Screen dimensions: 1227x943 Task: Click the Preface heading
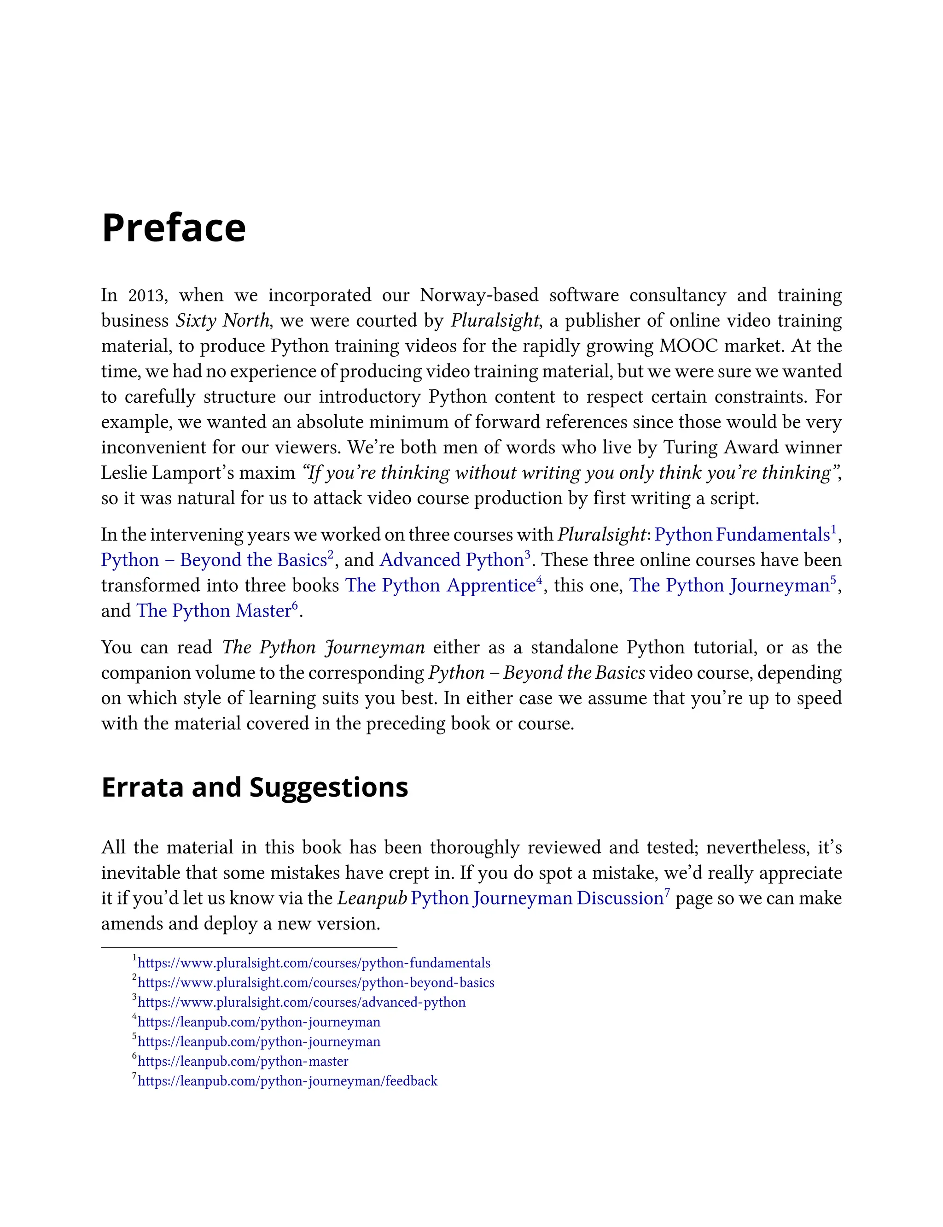[x=174, y=228]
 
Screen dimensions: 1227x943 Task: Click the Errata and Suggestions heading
[x=254, y=787]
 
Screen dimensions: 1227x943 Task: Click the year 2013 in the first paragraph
[x=147, y=295]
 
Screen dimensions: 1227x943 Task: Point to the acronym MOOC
[x=688, y=346]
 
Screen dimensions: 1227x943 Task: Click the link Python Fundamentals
[x=742, y=534]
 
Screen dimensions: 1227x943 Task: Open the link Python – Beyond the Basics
[x=214, y=560]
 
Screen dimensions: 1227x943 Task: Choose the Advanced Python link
[x=452, y=560]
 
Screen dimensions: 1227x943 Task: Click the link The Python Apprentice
[x=441, y=585]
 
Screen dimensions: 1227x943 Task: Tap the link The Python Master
[x=214, y=611]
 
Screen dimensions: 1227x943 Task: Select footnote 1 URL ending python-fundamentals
[x=314, y=963]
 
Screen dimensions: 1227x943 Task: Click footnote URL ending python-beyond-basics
[x=316, y=983]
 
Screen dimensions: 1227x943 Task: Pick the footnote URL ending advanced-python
[x=302, y=1002]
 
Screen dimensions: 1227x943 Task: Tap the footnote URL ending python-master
[x=243, y=1061]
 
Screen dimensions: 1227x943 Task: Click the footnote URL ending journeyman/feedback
[x=287, y=1081]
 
